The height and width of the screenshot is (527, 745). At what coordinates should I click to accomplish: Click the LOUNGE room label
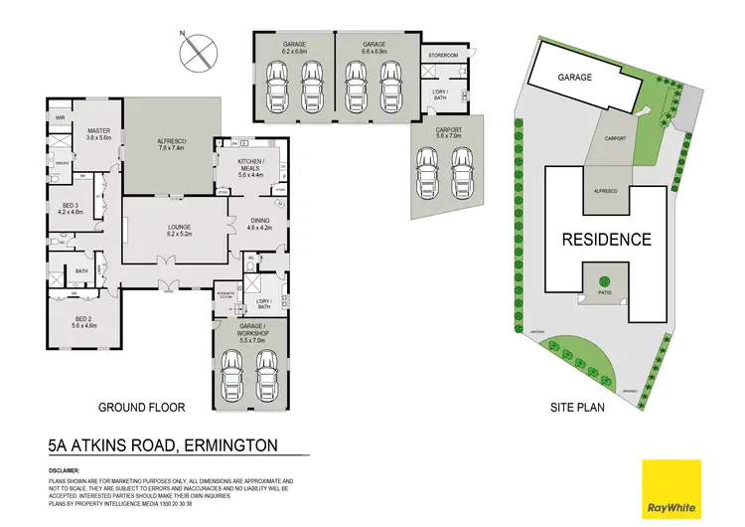(x=179, y=230)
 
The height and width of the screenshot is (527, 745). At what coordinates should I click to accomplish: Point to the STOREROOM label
(x=443, y=56)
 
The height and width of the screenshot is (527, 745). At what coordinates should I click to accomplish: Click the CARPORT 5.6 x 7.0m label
(x=448, y=133)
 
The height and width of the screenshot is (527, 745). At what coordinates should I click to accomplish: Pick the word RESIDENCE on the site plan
(x=606, y=239)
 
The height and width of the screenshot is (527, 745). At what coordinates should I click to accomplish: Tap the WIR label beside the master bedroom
(x=61, y=117)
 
